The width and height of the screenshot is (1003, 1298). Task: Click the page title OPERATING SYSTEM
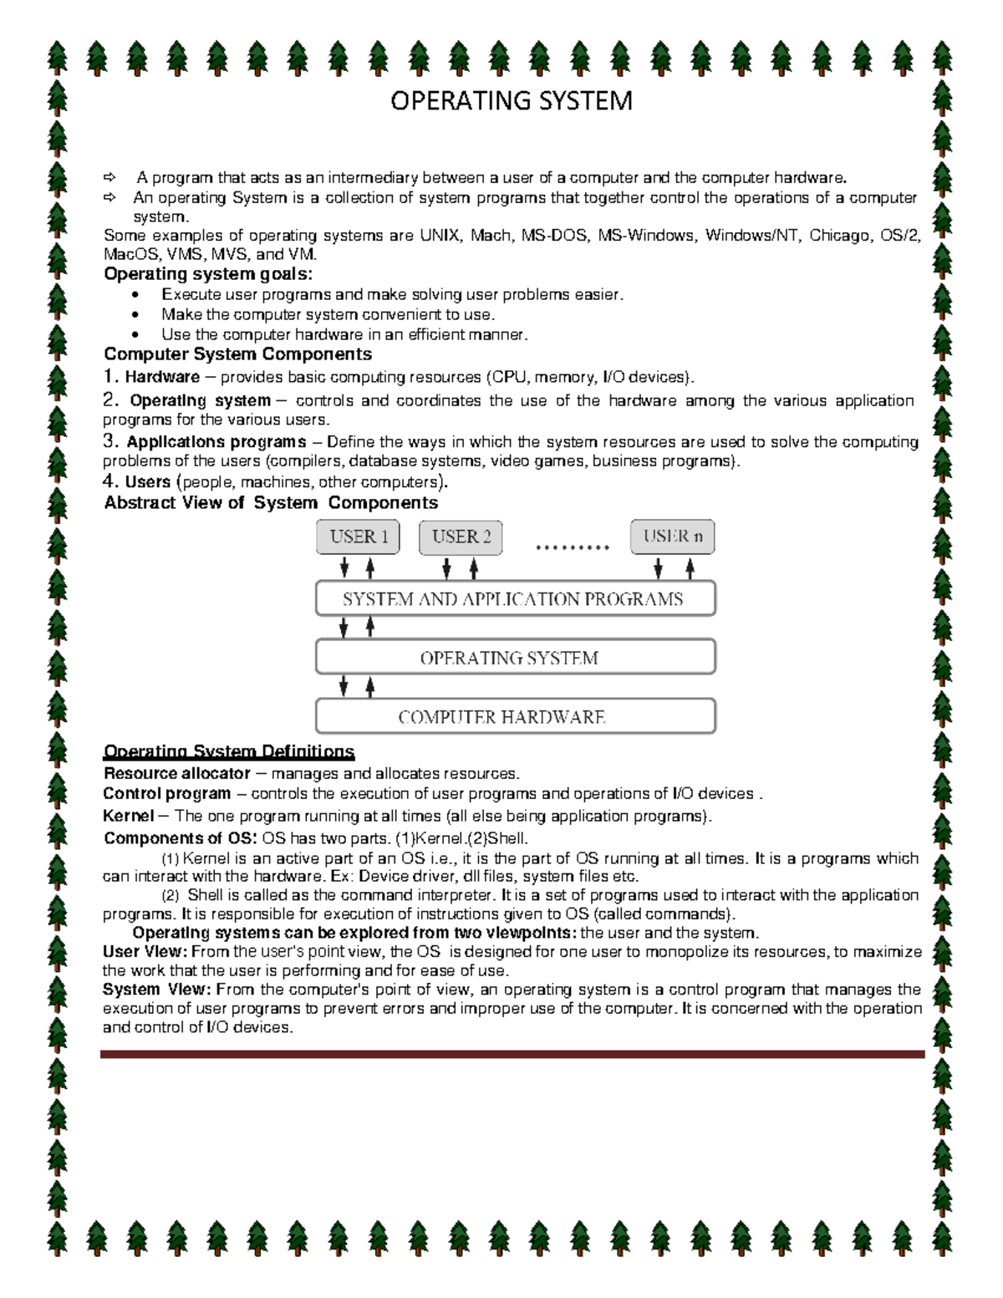[x=512, y=101]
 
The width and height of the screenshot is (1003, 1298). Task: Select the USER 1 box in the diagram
[x=358, y=537]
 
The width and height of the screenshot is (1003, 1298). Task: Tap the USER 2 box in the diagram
[x=461, y=537]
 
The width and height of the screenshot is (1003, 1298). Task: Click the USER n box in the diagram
[x=672, y=537]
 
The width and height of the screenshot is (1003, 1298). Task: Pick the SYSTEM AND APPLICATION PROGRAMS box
[x=515, y=599]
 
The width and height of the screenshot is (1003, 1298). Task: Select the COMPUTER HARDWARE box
[x=515, y=716]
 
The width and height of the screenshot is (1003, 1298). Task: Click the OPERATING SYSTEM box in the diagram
[x=515, y=658]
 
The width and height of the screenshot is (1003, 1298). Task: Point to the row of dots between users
[x=572, y=548]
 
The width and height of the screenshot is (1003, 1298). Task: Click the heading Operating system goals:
[x=208, y=274]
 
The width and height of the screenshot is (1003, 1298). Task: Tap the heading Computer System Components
[x=237, y=354]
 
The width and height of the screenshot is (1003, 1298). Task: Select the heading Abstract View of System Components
[x=271, y=502]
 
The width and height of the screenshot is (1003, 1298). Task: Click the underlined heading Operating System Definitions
[x=228, y=751]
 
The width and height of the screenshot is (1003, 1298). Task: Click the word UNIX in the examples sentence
[x=439, y=236]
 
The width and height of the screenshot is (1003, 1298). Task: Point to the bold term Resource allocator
[x=176, y=773]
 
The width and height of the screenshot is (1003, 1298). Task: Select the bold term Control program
[x=166, y=793]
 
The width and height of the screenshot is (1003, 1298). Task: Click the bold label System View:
[x=155, y=990]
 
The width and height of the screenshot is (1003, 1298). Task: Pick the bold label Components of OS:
[x=181, y=838]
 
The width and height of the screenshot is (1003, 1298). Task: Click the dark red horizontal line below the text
[x=512, y=1055]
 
